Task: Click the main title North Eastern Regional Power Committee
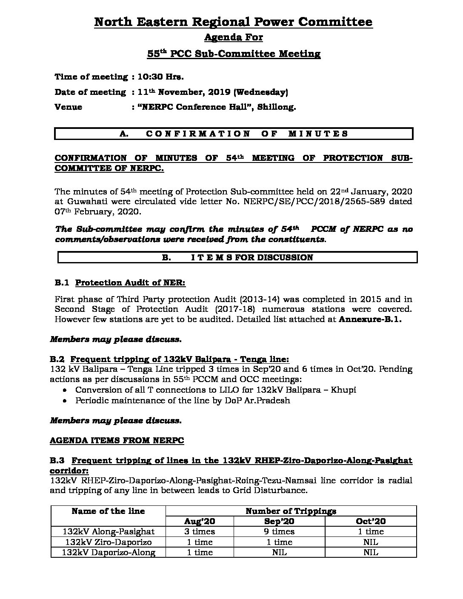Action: (x=233, y=22)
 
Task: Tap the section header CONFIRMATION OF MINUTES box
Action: (x=234, y=134)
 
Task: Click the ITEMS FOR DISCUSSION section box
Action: (x=237, y=257)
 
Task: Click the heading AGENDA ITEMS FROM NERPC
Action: (x=117, y=440)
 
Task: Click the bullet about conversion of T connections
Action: (x=216, y=390)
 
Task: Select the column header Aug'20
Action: (x=200, y=521)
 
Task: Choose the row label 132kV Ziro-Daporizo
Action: (x=108, y=542)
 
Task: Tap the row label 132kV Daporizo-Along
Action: (x=108, y=552)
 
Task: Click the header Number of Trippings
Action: (x=291, y=511)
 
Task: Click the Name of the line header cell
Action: (x=108, y=511)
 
